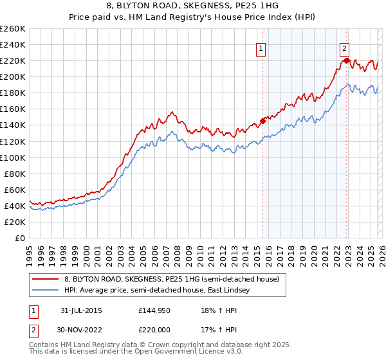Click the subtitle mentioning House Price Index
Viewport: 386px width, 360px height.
(193, 18)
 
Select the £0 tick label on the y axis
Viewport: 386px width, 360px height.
(19, 238)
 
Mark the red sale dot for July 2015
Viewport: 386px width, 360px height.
(263, 120)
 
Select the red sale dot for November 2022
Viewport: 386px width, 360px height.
(346, 60)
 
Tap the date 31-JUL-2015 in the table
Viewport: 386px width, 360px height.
(80, 310)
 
